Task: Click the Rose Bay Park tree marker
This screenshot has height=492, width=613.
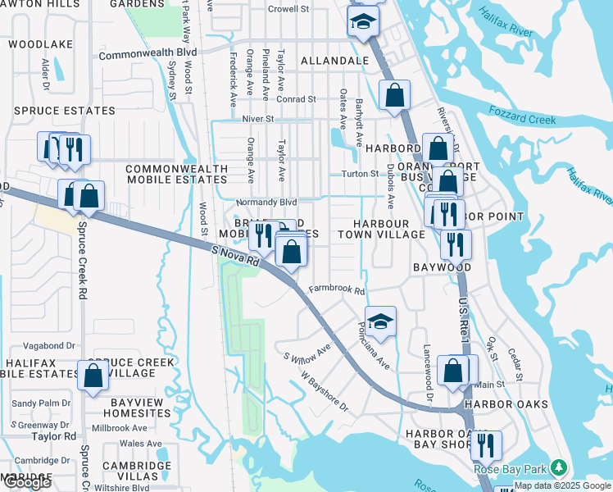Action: [x=559, y=467]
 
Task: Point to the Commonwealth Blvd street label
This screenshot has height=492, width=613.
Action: [x=148, y=56]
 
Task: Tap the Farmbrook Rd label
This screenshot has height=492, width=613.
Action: [x=336, y=290]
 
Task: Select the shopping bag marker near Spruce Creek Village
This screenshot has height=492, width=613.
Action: [x=93, y=375]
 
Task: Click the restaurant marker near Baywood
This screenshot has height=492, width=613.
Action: [x=456, y=244]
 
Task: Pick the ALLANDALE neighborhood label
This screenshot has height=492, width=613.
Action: [x=334, y=61]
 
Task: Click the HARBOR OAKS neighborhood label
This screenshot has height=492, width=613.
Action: [x=498, y=404]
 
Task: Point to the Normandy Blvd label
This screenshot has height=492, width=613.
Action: [x=266, y=202]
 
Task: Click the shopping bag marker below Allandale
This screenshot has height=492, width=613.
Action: [x=395, y=94]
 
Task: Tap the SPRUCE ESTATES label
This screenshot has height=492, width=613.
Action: [x=64, y=111]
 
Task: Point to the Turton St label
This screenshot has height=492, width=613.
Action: [x=359, y=173]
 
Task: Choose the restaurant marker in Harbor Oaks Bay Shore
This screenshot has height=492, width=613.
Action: [x=486, y=445]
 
